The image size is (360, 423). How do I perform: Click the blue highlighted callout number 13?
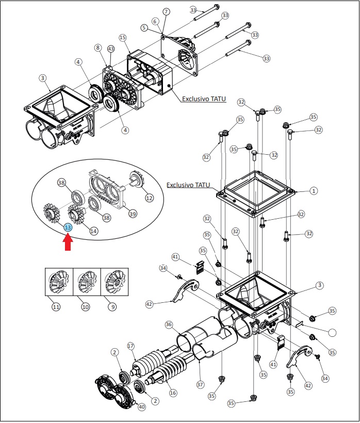[68, 227]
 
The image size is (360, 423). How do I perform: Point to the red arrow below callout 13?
[68, 242]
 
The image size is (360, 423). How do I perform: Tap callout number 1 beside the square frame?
[314, 191]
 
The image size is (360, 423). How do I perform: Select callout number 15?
[123, 38]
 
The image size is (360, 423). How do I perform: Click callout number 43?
[111, 49]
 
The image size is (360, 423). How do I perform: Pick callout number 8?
[97, 48]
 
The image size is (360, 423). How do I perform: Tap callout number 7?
[166, 11]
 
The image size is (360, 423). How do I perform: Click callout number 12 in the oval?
[149, 198]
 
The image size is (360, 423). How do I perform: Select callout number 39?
[133, 214]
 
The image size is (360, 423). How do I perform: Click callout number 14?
[93, 231]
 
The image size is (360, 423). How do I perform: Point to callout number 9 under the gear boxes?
[113, 307]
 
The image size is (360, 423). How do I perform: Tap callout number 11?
[56, 307]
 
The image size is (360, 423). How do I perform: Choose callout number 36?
[169, 324]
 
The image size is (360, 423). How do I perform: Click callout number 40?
[141, 406]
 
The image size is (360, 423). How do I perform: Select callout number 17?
[131, 346]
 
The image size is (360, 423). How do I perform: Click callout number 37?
[200, 384]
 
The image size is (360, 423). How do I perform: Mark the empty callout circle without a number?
[333, 333]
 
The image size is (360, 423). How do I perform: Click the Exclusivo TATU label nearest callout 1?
[188, 185]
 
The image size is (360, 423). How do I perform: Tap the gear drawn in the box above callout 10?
[86, 282]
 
